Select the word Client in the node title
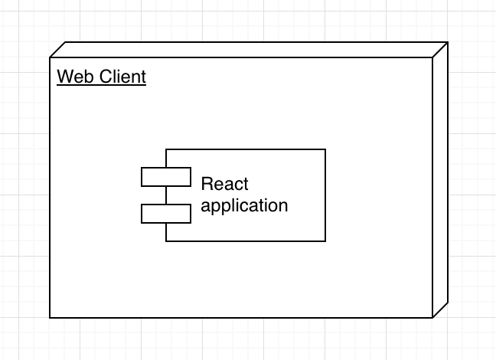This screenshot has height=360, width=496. pyautogui.click(x=123, y=77)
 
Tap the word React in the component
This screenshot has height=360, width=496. pyautogui.click(x=224, y=185)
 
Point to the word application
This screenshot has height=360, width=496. pyautogui.click(x=244, y=205)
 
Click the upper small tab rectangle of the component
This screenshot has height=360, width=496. pyautogui.click(x=165, y=177)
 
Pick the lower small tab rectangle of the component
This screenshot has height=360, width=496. pyautogui.click(x=165, y=214)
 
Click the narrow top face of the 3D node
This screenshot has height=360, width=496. pyautogui.click(x=249, y=50)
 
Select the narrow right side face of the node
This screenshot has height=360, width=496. pyautogui.click(x=440, y=180)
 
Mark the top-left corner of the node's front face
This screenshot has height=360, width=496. pyautogui.click(x=51, y=57)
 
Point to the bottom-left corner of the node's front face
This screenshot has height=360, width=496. pyautogui.click(x=51, y=317)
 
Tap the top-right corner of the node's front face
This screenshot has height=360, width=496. pyautogui.click(x=432, y=57)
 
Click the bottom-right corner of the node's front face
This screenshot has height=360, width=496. pyautogui.click(x=432, y=317)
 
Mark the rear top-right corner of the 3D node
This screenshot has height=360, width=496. pyautogui.click(x=448, y=42)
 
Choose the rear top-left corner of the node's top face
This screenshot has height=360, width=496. pyautogui.click(x=66, y=42)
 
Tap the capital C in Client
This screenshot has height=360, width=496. pyautogui.click(x=107, y=77)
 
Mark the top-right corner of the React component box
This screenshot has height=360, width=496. pyautogui.click(x=325, y=150)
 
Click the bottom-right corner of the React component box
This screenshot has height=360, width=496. pyautogui.click(x=325, y=241)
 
